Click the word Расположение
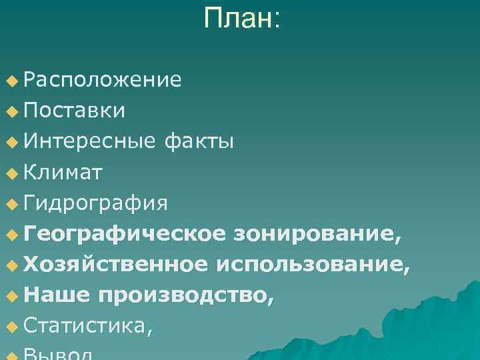tap(102, 80)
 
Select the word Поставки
tap(74, 110)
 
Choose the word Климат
tap(63, 173)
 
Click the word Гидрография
tap(95, 203)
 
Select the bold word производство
tap(185, 296)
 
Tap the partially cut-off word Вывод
tap(63, 355)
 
